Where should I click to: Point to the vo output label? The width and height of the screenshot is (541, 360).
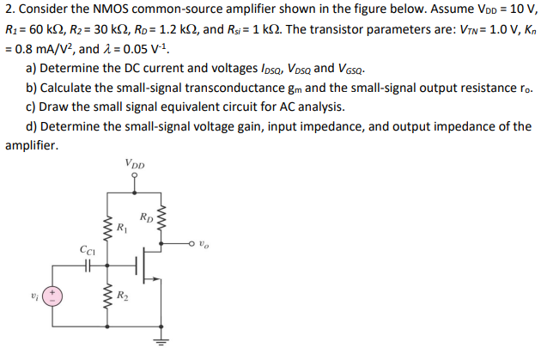pos(203,243)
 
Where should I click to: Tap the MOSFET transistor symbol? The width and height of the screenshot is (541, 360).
pos(150,267)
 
